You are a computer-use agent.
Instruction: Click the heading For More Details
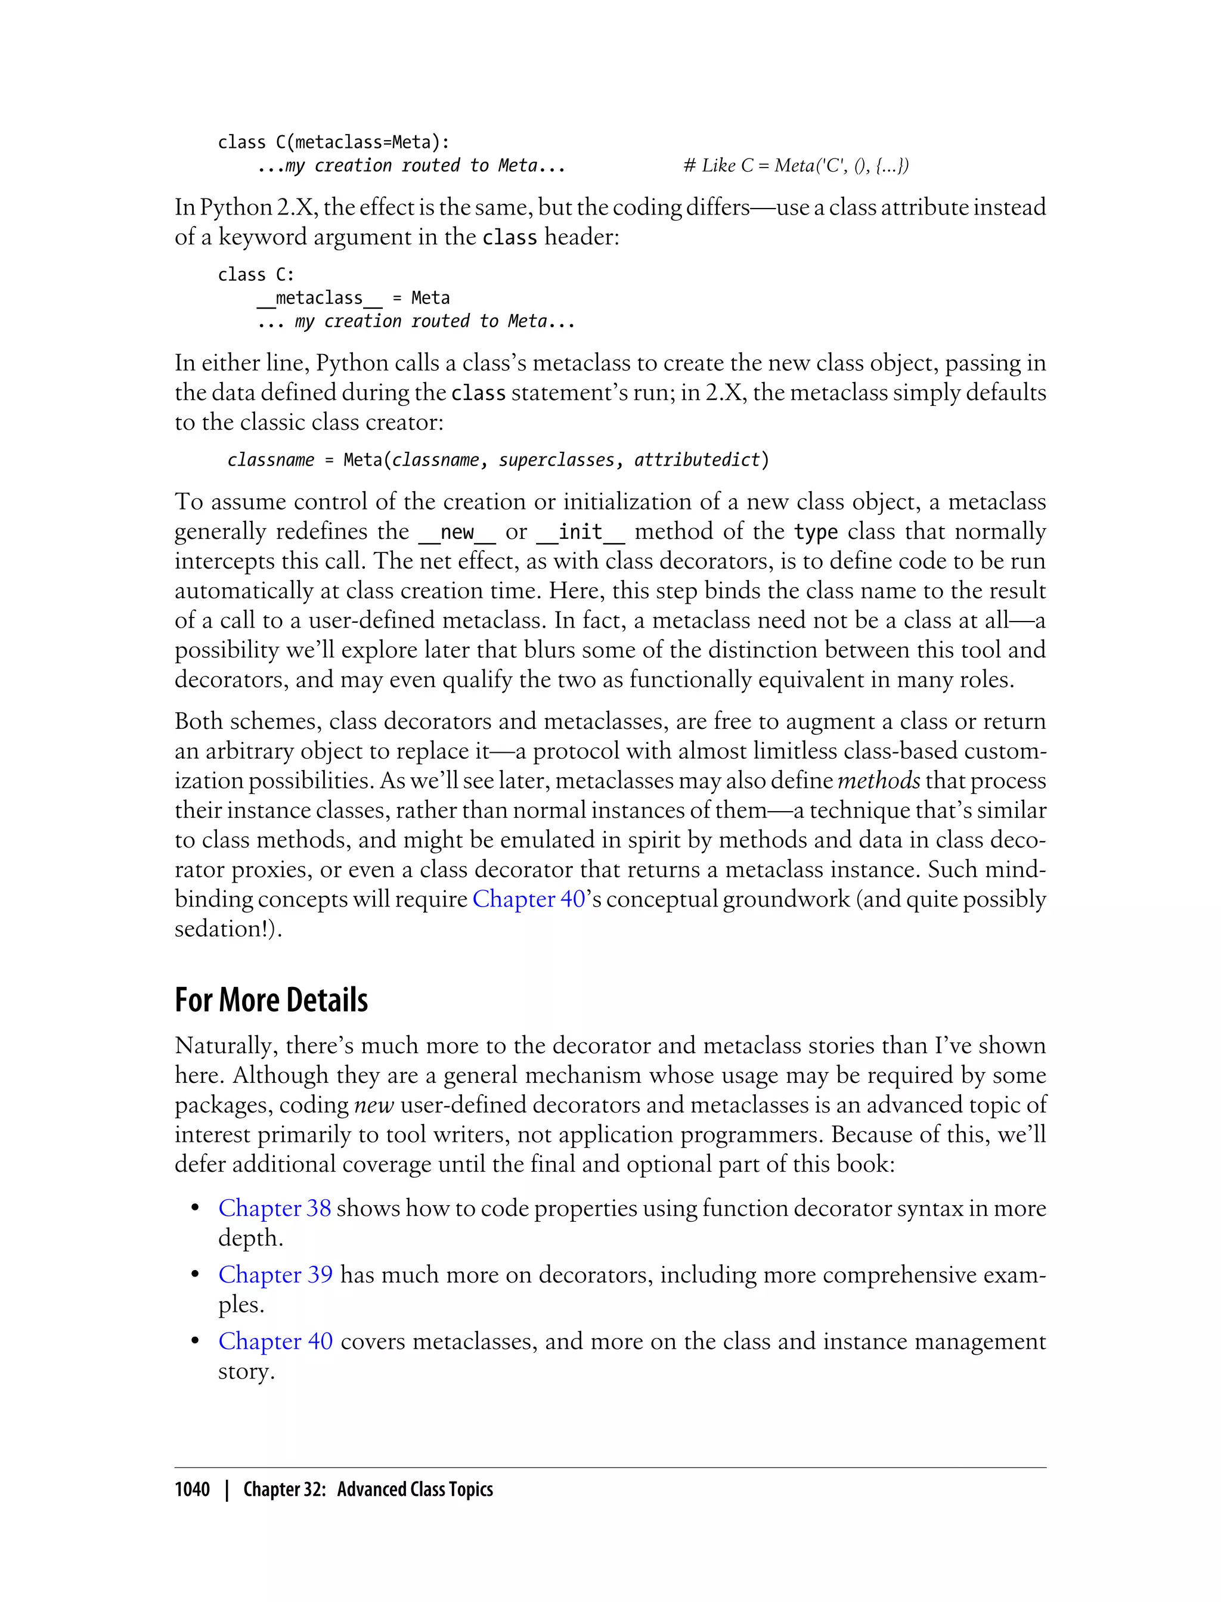(271, 999)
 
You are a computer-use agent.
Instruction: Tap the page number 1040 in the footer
(192, 1489)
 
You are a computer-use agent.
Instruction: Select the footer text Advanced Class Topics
(415, 1489)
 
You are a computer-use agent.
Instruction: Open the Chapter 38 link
(275, 1208)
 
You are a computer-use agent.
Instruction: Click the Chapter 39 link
(275, 1274)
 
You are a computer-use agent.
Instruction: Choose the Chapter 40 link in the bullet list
(275, 1340)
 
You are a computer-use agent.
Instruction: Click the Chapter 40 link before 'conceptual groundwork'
(528, 899)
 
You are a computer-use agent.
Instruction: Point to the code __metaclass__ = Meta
(353, 298)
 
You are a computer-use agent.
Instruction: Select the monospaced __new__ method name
(457, 532)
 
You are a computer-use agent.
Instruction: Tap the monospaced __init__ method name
(581, 532)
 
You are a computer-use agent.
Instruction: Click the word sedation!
(228, 929)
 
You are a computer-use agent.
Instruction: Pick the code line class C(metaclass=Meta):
(334, 142)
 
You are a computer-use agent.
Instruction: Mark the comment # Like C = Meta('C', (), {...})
(796, 166)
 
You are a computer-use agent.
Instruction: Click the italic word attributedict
(696, 460)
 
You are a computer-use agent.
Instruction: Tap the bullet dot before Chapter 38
(195, 1208)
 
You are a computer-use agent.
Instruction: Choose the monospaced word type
(816, 532)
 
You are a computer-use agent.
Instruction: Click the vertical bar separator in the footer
(227, 1489)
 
